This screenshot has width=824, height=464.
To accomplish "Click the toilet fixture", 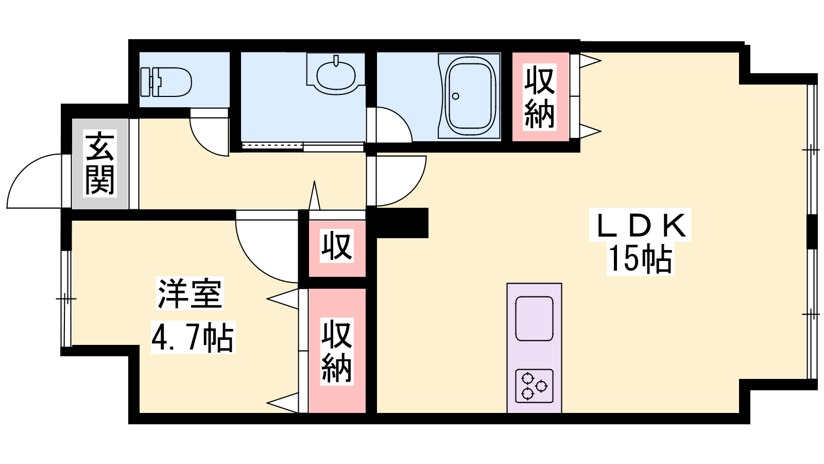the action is coord(166,82).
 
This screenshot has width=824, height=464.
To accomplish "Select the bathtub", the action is coord(469,96).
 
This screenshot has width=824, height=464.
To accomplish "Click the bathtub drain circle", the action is coord(455,96).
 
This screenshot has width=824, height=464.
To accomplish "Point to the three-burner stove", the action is coord(534,386).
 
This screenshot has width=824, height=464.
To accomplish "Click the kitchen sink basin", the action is coord(534,319).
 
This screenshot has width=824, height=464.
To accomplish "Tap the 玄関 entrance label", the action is coord(100,163).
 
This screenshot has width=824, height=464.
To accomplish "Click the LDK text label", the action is coord(640,225).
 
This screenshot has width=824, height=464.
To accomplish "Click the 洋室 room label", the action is coord(190,293).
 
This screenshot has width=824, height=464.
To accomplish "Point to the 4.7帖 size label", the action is coord(193,337).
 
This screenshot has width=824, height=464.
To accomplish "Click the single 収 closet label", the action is coord(337,245).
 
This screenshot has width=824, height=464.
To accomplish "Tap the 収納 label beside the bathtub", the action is coord(539,97).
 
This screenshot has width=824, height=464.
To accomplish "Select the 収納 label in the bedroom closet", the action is coord(337,352).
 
